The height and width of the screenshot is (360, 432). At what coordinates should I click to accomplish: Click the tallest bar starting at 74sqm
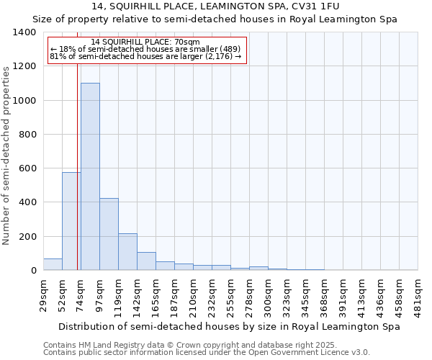[x=90, y=176]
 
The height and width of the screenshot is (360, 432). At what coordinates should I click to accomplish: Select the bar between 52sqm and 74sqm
[x=71, y=221]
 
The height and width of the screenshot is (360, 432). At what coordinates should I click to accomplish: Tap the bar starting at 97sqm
[x=109, y=234]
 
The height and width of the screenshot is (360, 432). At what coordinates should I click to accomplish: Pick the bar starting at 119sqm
[x=127, y=251]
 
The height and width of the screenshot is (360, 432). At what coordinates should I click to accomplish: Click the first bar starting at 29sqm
[x=53, y=264]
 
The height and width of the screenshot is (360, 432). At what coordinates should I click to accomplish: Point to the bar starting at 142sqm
[x=146, y=261]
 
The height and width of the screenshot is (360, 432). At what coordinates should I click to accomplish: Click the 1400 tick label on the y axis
[x=24, y=32]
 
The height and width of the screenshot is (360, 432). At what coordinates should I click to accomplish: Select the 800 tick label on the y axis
[x=27, y=135]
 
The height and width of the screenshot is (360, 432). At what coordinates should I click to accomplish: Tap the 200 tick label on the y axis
[x=27, y=237]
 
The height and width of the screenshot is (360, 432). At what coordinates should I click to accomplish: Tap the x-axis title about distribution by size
[x=230, y=326]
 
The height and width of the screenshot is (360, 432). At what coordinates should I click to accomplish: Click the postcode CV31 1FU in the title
[x=326, y=6]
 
